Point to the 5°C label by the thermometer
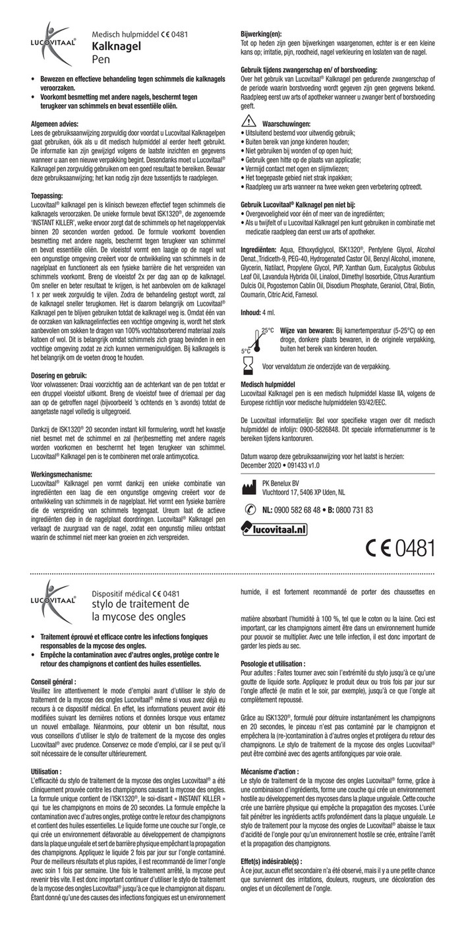[x=245, y=351]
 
